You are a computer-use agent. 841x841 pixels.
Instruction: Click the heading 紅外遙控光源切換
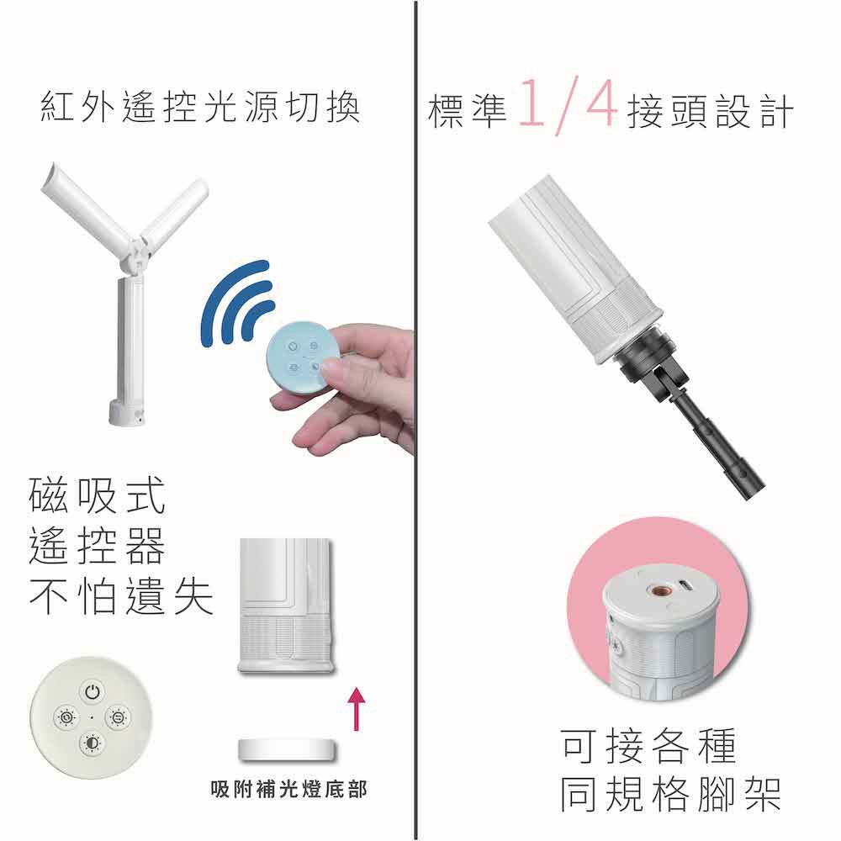click(200, 108)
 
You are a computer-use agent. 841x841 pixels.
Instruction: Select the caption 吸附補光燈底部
click(289, 789)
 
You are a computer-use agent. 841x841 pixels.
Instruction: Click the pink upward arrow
click(356, 709)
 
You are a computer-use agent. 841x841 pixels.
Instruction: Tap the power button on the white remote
click(93, 691)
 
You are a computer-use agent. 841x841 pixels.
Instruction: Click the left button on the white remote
click(66, 717)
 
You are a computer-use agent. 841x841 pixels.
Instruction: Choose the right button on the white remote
click(118, 717)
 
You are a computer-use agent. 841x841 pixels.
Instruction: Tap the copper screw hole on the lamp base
click(656, 590)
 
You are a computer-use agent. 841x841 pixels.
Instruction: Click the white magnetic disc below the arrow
click(287, 750)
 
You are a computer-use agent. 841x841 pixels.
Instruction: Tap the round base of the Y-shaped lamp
click(127, 412)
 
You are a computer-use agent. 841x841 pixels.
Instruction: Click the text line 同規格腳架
click(670, 793)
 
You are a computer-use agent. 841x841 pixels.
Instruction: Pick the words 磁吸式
click(97, 495)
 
